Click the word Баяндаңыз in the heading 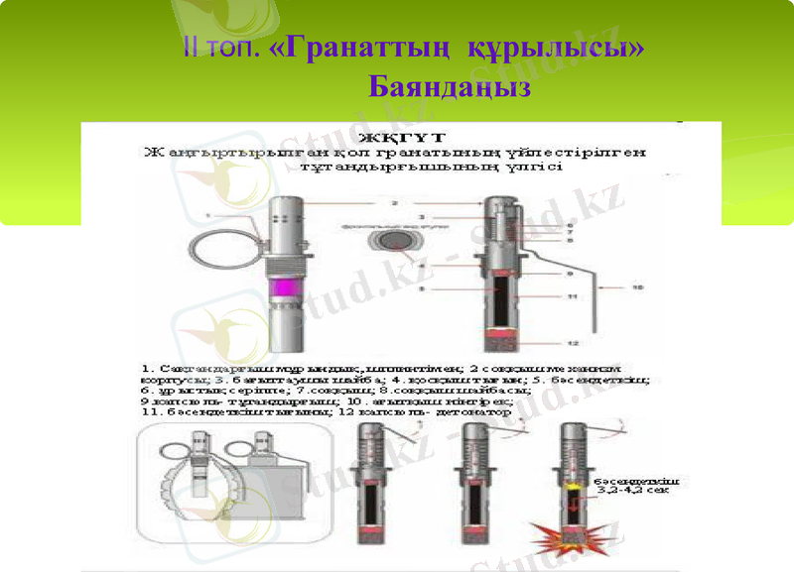[450, 88]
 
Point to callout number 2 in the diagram [393, 203]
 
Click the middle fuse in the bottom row [474, 476]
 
